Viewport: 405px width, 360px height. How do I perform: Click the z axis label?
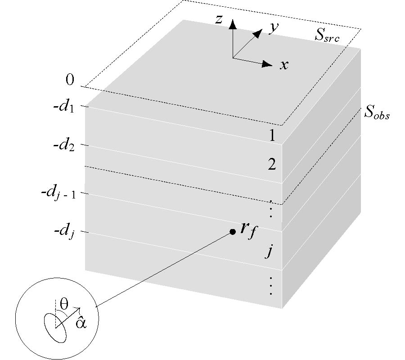[x=219, y=19]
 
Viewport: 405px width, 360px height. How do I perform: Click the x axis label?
[x=284, y=65]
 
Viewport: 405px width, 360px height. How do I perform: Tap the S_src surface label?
[x=327, y=35]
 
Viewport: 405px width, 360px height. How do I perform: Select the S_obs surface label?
[x=377, y=112]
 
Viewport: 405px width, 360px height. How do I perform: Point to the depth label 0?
[x=70, y=79]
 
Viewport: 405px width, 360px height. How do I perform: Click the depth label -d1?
[x=64, y=106]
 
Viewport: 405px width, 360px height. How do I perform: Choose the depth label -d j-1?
[x=58, y=193]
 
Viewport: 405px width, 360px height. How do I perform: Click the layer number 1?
[x=272, y=135]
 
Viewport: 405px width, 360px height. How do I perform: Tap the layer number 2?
[x=272, y=164]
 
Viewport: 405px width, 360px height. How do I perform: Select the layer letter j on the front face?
[x=269, y=251]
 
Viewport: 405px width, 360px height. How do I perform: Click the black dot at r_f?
[x=233, y=232]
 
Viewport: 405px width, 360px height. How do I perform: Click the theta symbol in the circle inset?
[x=64, y=304]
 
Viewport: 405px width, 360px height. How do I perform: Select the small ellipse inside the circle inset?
[x=55, y=328]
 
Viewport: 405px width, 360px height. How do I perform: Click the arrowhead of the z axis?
[x=233, y=24]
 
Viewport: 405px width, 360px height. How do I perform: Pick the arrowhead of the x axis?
[x=267, y=64]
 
